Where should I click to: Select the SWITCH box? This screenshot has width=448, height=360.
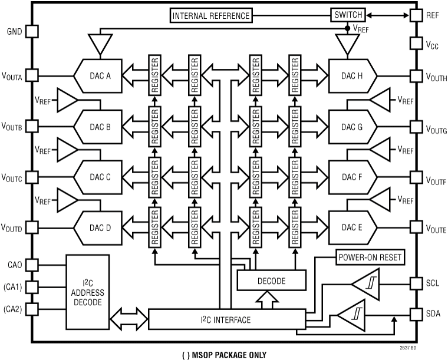pyautogui.click(x=347, y=15)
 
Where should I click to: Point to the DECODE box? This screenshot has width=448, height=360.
pyautogui.click(x=272, y=281)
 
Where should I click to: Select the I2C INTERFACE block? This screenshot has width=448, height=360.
pyautogui.click(x=226, y=319)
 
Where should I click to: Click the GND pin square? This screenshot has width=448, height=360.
pyautogui.click(x=32, y=31)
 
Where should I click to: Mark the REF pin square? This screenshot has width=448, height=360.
pyautogui.click(x=416, y=15)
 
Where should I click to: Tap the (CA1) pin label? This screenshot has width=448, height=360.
pyautogui.click(x=13, y=287)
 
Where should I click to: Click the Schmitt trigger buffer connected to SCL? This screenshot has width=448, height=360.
pyautogui.click(x=365, y=284)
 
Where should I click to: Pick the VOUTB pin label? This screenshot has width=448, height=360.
pyautogui.click(x=12, y=127)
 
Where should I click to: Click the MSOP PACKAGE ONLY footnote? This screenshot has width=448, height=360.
pyautogui.click(x=225, y=354)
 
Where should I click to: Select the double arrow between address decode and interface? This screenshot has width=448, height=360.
pyautogui.click(x=129, y=319)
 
